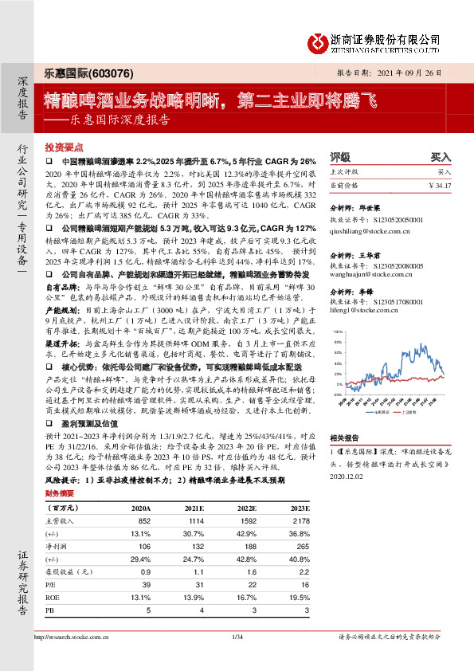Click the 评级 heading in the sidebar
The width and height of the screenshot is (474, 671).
pos(339,157)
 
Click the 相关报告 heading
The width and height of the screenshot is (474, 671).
pos(345,438)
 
